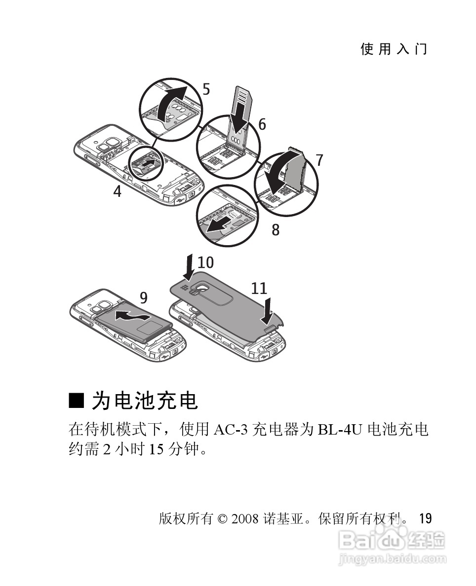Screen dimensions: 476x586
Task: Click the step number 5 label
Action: [x=206, y=89]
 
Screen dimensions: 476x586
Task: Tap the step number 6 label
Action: [x=262, y=124]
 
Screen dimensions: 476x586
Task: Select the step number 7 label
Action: [x=319, y=160]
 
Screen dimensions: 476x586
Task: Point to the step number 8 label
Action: [x=276, y=230]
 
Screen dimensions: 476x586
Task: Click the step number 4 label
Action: [x=117, y=191]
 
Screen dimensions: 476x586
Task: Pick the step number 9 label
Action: [x=144, y=297]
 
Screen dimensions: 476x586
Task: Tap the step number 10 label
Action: [x=206, y=261]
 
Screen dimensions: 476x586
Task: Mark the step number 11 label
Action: [x=259, y=289]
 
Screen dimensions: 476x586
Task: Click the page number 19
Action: [x=425, y=518]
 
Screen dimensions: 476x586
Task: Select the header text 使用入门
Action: [x=394, y=49]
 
